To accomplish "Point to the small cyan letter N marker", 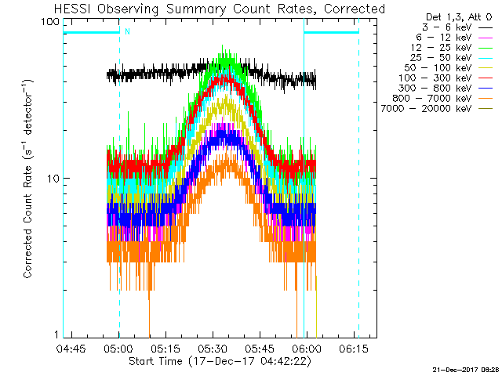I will (x=127, y=32).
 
